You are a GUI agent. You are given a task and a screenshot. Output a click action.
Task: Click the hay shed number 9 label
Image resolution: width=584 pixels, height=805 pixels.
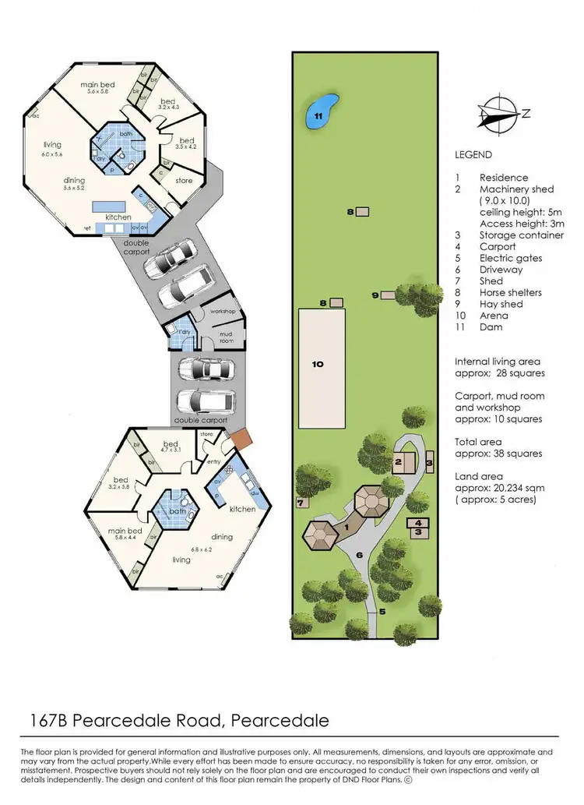(375, 295)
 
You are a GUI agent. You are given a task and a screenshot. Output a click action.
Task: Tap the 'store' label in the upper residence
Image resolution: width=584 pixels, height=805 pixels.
(184, 181)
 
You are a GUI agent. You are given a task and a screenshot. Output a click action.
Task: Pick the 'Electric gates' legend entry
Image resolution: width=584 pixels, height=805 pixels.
(511, 258)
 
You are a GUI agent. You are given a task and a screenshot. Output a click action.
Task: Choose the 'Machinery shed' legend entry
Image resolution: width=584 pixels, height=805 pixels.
(516, 189)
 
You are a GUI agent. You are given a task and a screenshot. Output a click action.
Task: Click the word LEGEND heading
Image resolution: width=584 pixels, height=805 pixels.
(475, 155)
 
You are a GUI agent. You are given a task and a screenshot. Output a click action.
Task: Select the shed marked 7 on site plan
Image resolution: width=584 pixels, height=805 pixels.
(300, 503)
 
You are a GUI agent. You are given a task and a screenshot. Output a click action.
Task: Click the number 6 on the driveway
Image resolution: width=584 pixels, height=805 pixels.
(359, 555)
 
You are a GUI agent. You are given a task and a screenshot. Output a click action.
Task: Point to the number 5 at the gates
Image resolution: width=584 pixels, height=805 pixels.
(382, 612)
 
